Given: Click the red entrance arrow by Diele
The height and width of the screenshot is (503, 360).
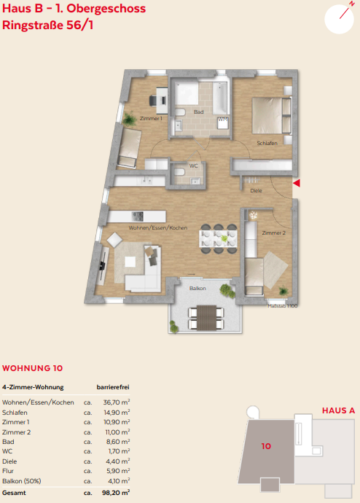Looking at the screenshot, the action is [297, 183].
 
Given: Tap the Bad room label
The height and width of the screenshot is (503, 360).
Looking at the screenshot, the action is [198, 112].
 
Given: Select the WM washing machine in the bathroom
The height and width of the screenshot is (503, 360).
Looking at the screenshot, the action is [223, 123].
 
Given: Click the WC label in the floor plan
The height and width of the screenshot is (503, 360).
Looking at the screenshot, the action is [194, 166].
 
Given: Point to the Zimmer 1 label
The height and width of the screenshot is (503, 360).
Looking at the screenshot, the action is [151, 118].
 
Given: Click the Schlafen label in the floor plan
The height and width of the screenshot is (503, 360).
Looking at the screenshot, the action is [267, 143].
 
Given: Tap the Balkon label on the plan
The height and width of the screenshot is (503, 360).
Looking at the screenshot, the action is [197, 289].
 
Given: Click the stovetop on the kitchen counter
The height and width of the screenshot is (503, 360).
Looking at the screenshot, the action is [138, 217].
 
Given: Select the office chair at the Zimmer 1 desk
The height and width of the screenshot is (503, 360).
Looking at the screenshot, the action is [153, 101].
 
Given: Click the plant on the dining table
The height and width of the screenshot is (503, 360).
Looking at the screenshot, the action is [224, 238].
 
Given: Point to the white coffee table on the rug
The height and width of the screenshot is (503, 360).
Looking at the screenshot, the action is [130, 262].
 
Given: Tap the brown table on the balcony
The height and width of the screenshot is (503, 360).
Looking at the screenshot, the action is [206, 318].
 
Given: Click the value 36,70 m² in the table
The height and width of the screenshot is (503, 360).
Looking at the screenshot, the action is [117, 402].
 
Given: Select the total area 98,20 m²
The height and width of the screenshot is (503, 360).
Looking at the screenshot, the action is [116, 493].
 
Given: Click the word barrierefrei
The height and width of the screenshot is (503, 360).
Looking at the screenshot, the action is [113, 387].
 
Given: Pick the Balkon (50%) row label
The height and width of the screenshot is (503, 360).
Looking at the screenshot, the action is [21, 481].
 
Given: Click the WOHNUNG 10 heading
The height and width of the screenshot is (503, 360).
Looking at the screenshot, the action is [32, 368].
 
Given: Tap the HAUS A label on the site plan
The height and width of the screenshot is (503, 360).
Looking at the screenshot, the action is [338, 410].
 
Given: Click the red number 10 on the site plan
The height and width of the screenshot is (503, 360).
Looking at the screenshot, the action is [266, 446].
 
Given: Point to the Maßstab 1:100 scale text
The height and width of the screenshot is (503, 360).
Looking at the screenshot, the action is [283, 306].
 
